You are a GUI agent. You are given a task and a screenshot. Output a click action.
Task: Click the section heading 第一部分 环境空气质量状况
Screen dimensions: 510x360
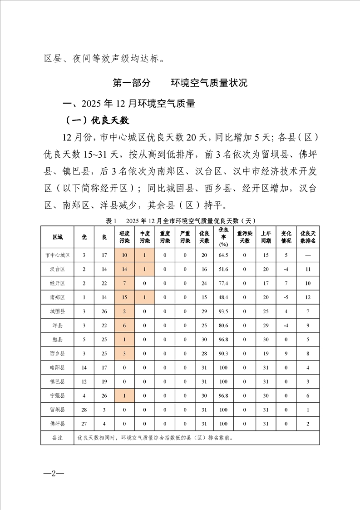[x=180, y=83]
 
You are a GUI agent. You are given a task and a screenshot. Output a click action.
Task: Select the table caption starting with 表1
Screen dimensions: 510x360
[x=180, y=220]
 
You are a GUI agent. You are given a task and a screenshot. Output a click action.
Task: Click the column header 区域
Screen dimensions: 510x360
[x=58, y=237]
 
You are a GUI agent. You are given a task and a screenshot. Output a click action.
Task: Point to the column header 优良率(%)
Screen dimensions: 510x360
[x=223, y=237]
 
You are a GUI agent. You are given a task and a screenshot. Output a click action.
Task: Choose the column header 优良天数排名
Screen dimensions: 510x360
[x=308, y=237]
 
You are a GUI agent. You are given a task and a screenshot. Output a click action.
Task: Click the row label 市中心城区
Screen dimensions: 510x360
[x=58, y=255]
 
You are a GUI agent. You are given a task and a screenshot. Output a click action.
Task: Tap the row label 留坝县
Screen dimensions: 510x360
[x=58, y=410]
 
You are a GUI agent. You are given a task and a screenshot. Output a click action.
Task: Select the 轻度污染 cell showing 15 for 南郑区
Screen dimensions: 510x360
[x=124, y=297]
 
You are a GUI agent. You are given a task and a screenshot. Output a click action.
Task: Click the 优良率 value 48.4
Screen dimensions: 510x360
[x=223, y=297]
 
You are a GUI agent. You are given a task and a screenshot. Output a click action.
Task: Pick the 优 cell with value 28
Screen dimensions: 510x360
[x=84, y=410]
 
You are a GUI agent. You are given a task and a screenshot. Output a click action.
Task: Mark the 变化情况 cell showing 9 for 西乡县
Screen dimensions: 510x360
[x=286, y=353]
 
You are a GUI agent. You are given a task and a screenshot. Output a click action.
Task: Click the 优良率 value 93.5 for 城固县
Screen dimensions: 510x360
[x=223, y=311]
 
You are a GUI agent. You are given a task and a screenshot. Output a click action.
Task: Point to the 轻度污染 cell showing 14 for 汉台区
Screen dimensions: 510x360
[x=124, y=269]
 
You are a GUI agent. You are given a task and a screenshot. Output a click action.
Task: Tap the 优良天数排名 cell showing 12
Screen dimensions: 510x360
[x=308, y=297]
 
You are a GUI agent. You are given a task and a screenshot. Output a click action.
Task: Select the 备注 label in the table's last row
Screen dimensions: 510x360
[x=58, y=438]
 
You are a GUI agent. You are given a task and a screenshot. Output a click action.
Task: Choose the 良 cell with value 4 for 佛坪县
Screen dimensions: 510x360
[x=104, y=424]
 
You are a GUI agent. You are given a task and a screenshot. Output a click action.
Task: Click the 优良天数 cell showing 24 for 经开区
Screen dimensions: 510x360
[x=204, y=283]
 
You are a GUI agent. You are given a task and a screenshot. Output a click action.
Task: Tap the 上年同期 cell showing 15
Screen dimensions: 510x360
[x=266, y=255]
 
